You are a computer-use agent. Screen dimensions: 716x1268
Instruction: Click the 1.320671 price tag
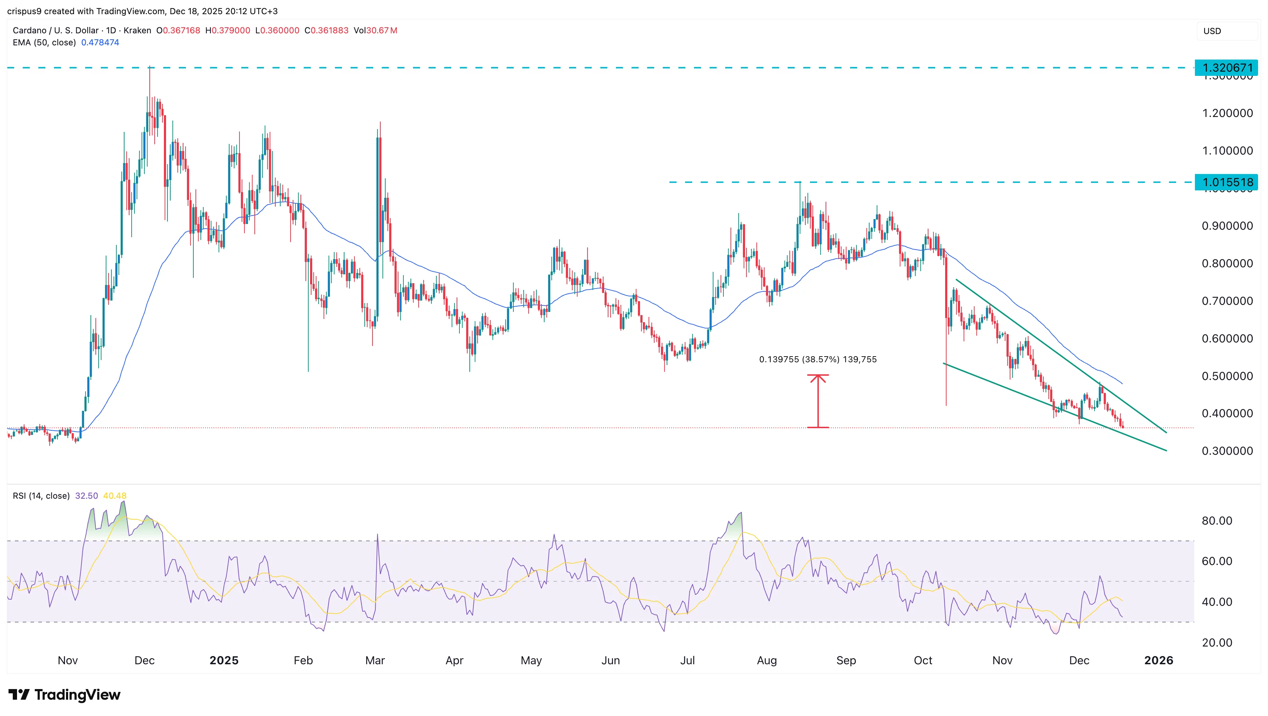pyautogui.click(x=1226, y=68)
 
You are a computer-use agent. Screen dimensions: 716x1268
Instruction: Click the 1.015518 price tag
pyautogui.click(x=1226, y=183)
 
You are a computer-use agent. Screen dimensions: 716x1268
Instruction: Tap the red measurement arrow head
pyautogui.click(x=818, y=377)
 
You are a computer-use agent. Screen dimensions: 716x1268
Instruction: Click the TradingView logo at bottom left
pyautogui.click(x=65, y=694)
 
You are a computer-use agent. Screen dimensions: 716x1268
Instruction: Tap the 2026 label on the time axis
pyautogui.click(x=1158, y=660)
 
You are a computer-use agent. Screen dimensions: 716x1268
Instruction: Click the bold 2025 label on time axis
pyautogui.click(x=224, y=660)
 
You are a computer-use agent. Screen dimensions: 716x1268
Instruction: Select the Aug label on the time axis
pyautogui.click(x=766, y=660)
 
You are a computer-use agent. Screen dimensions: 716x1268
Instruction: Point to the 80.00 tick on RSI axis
pyautogui.click(x=1217, y=521)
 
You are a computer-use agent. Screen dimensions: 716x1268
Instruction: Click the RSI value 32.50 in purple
pyautogui.click(x=87, y=496)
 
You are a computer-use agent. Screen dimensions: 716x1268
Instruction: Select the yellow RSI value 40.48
pyautogui.click(x=115, y=496)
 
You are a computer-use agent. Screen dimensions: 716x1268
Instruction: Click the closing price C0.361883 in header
pyautogui.click(x=326, y=30)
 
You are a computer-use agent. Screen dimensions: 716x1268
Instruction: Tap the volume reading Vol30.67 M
pyautogui.click(x=375, y=30)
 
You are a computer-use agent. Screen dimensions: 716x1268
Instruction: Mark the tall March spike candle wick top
pyautogui.click(x=380, y=123)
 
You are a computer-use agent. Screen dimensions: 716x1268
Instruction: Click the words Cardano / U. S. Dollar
pyautogui.click(x=56, y=30)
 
